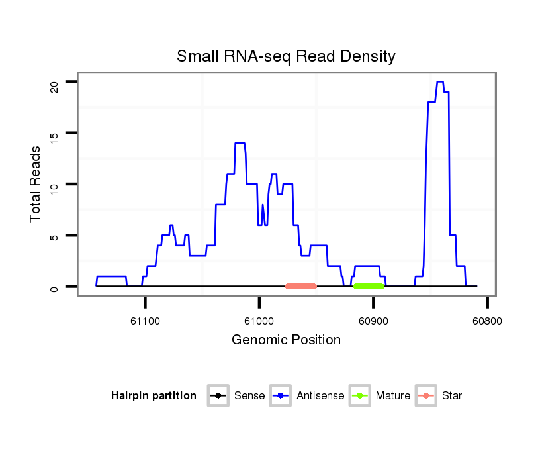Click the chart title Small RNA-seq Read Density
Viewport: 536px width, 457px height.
click(x=286, y=56)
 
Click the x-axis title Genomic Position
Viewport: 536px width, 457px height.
click(x=286, y=340)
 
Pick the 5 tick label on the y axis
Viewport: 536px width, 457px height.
click(x=56, y=236)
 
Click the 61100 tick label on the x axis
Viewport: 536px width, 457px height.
click(x=145, y=321)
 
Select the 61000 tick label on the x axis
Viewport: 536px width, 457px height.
click(x=259, y=321)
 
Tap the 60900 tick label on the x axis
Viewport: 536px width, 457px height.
click(x=373, y=321)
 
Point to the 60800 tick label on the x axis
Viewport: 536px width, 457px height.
click(x=487, y=321)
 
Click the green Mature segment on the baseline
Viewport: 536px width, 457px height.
click(x=369, y=287)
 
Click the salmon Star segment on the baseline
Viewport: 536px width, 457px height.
click(x=301, y=287)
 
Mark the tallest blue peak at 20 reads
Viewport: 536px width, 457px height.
click(x=440, y=82)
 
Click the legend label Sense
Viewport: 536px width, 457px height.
click(x=249, y=396)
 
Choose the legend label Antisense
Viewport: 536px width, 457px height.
click(x=320, y=396)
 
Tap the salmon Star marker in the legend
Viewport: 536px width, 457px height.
click(x=425, y=396)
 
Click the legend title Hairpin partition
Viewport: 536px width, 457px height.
click(x=154, y=396)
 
